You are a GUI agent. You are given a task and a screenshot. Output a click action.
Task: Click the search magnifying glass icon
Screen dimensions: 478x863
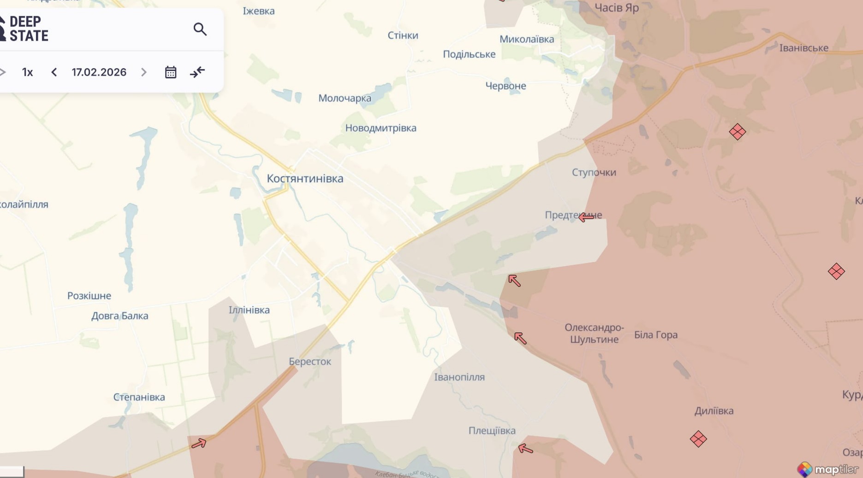200,30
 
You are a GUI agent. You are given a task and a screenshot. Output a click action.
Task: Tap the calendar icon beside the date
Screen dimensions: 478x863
171,72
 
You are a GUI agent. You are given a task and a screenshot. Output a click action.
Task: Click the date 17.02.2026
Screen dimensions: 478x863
99,72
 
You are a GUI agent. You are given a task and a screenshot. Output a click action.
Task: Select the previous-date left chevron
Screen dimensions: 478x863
54,72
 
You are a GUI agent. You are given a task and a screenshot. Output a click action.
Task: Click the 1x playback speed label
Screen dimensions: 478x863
28,72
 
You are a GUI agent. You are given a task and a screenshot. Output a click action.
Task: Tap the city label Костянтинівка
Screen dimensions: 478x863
305,179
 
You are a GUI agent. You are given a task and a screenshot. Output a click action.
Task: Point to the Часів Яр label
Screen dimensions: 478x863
616,8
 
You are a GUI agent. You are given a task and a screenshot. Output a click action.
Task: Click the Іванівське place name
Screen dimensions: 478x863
803,48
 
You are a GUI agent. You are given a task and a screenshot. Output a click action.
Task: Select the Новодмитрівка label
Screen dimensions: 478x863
381,128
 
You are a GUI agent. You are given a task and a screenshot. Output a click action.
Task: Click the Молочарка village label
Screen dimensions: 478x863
345,98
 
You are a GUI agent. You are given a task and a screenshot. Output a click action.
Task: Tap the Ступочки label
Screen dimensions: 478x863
594,173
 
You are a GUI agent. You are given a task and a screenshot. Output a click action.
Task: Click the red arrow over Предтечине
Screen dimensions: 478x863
586,217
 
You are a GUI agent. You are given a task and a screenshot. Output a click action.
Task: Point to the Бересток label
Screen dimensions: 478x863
309,362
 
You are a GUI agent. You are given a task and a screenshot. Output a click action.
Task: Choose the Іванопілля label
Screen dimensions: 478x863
459,377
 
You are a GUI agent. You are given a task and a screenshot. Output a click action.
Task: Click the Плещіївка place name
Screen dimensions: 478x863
492,431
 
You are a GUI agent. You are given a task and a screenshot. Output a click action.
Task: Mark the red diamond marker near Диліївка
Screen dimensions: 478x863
698,439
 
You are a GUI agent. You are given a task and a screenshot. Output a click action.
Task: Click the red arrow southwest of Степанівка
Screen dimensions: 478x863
199,443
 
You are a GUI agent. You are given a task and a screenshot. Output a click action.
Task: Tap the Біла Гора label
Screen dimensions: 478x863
655,335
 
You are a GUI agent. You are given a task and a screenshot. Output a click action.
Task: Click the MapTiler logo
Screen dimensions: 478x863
828,469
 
